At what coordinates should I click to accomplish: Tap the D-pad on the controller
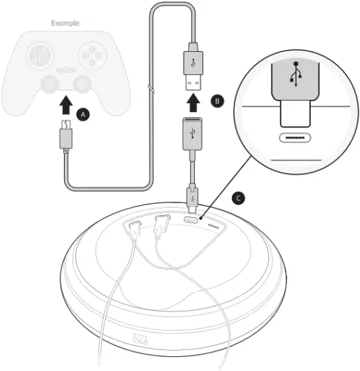[40, 53]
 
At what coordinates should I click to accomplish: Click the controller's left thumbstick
[49, 83]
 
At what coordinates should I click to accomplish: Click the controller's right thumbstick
[82, 83]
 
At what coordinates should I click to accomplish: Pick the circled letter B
[216, 101]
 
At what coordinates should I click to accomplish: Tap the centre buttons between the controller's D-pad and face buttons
[65, 69]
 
